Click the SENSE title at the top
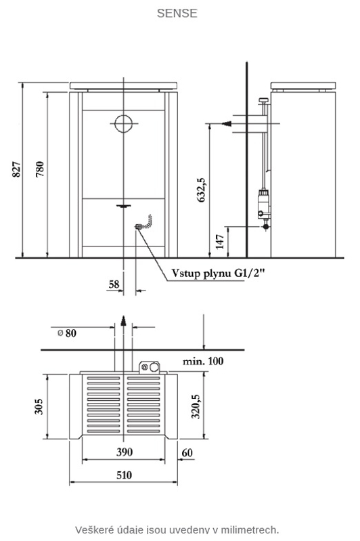click(x=177, y=13)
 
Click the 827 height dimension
click(x=16, y=169)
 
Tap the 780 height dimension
click(x=40, y=169)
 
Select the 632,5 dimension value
click(x=202, y=190)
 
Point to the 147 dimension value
click(x=220, y=242)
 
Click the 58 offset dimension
click(x=114, y=284)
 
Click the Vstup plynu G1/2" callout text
click(x=219, y=274)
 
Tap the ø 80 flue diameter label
click(x=67, y=333)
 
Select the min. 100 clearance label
click(x=203, y=362)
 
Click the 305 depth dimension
click(x=39, y=406)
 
